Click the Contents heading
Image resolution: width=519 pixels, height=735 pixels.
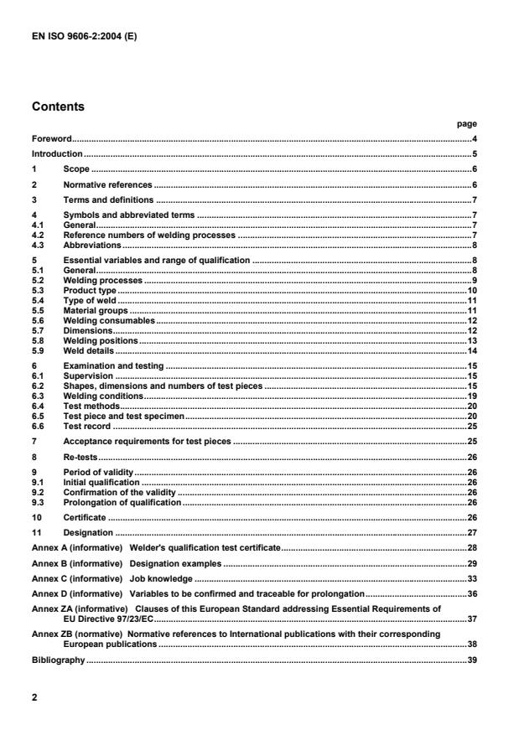59,107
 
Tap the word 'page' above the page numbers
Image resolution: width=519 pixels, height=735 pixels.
467,123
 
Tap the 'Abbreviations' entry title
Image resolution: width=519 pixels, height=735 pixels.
92,245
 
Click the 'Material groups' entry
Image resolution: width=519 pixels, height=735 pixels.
96,310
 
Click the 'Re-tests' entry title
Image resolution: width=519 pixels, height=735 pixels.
81,457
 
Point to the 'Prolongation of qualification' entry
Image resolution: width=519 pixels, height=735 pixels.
122,502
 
